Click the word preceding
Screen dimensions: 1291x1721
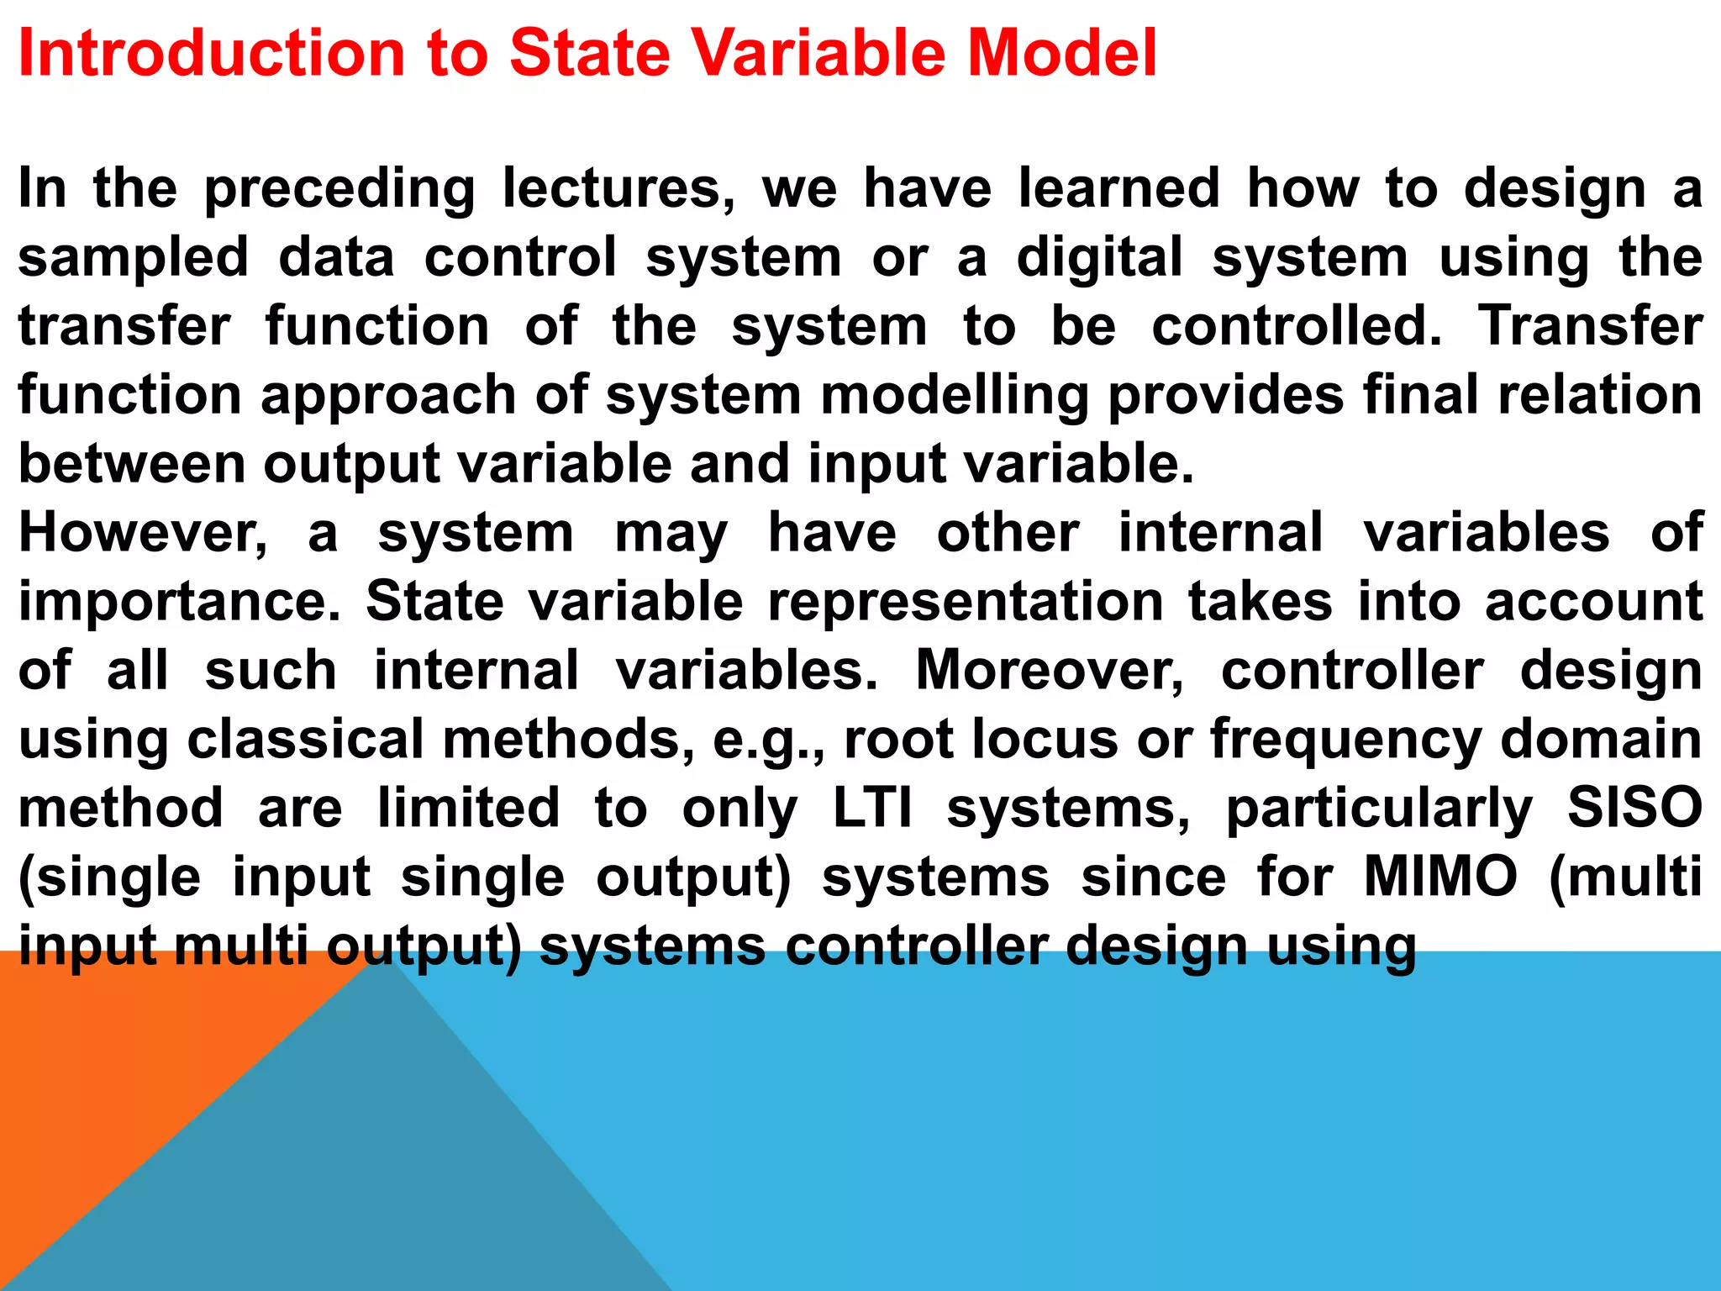pos(339,189)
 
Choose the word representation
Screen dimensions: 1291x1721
pos(966,602)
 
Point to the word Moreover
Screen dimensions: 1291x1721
pos(1050,671)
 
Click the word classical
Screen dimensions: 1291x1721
pos(305,740)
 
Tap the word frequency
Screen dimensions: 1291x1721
pos(1345,741)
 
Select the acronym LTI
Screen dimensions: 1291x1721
pos(872,809)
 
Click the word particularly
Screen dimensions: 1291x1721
pos(1379,810)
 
